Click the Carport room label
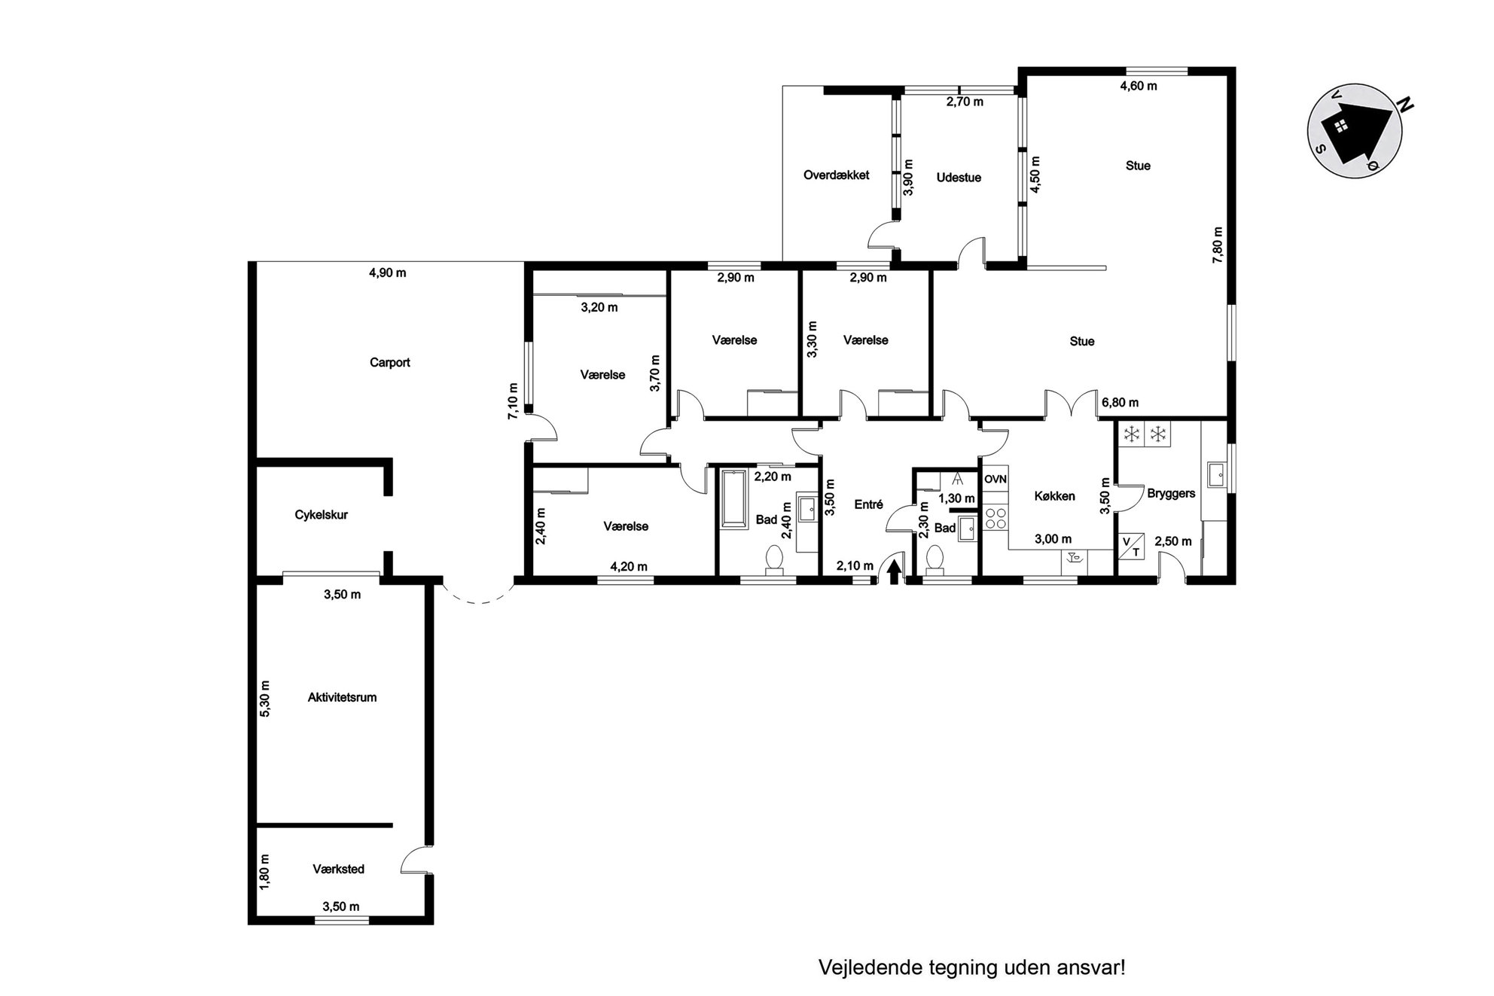point(389,362)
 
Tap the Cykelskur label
point(321,515)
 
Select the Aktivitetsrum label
point(342,697)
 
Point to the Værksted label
point(338,869)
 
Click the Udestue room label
point(959,178)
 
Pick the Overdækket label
point(836,175)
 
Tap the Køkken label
point(1054,496)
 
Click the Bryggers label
point(1171,494)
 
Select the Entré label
point(868,504)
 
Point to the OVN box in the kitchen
point(995,479)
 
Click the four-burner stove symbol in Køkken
point(995,517)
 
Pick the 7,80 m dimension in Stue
point(1218,245)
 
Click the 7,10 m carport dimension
point(513,401)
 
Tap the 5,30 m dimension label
point(264,699)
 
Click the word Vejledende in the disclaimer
point(861,967)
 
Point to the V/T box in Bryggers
point(1132,546)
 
